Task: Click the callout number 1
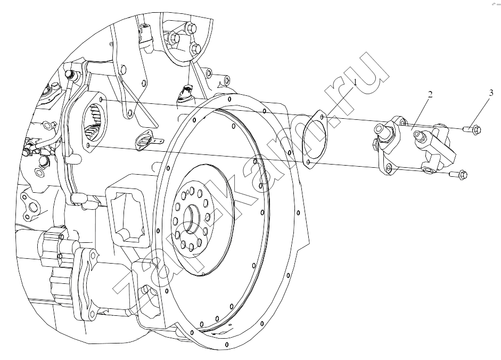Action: [355, 83]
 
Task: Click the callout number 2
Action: [430, 95]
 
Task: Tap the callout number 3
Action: [491, 93]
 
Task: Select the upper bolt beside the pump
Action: [472, 129]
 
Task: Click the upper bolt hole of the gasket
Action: [322, 118]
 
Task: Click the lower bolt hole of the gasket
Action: [308, 163]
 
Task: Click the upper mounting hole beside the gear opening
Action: [102, 101]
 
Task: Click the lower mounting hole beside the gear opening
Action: [88, 145]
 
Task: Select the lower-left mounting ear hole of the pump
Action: [389, 168]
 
